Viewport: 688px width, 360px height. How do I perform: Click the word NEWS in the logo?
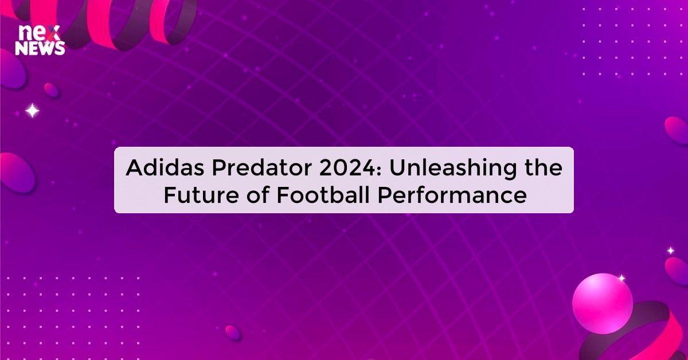(x=40, y=49)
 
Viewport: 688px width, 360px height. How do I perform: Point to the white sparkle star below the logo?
(x=33, y=111)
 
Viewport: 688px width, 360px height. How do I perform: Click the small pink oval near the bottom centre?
(x=233, y=332)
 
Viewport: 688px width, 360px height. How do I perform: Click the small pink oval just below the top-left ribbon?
(x=52, y=90)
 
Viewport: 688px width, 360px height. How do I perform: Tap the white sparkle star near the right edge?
(x=670, y=251)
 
